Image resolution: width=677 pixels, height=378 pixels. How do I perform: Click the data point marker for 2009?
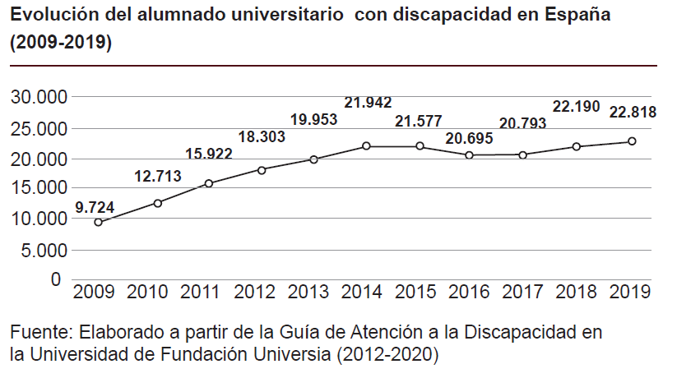(x=99, y=222)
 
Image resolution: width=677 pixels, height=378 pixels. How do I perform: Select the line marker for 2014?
(x=366, y=146)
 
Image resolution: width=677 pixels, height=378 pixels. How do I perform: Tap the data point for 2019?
(x=632, y=141)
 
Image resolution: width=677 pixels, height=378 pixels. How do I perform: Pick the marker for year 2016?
(x=470, y=154)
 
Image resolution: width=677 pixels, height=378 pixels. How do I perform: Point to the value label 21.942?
(x=368, y=103)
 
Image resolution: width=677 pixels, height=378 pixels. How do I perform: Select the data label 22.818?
(x=633, y=113)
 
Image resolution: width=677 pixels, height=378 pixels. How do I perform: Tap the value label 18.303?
(x=262, y=137)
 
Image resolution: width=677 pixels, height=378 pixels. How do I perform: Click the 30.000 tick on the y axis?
(x=39, y=98)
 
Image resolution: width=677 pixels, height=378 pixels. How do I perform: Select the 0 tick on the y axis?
(x=56, y=279)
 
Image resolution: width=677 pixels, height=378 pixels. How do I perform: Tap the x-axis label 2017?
(x=524, y=292)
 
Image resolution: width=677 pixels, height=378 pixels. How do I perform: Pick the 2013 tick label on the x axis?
(x=309, y=292)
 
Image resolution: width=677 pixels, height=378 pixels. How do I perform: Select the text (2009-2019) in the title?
(x=61, y=44)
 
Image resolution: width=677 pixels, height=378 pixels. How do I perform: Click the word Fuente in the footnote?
(x=38, y=333)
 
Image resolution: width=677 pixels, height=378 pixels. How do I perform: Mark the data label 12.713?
(x=156, y=175)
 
